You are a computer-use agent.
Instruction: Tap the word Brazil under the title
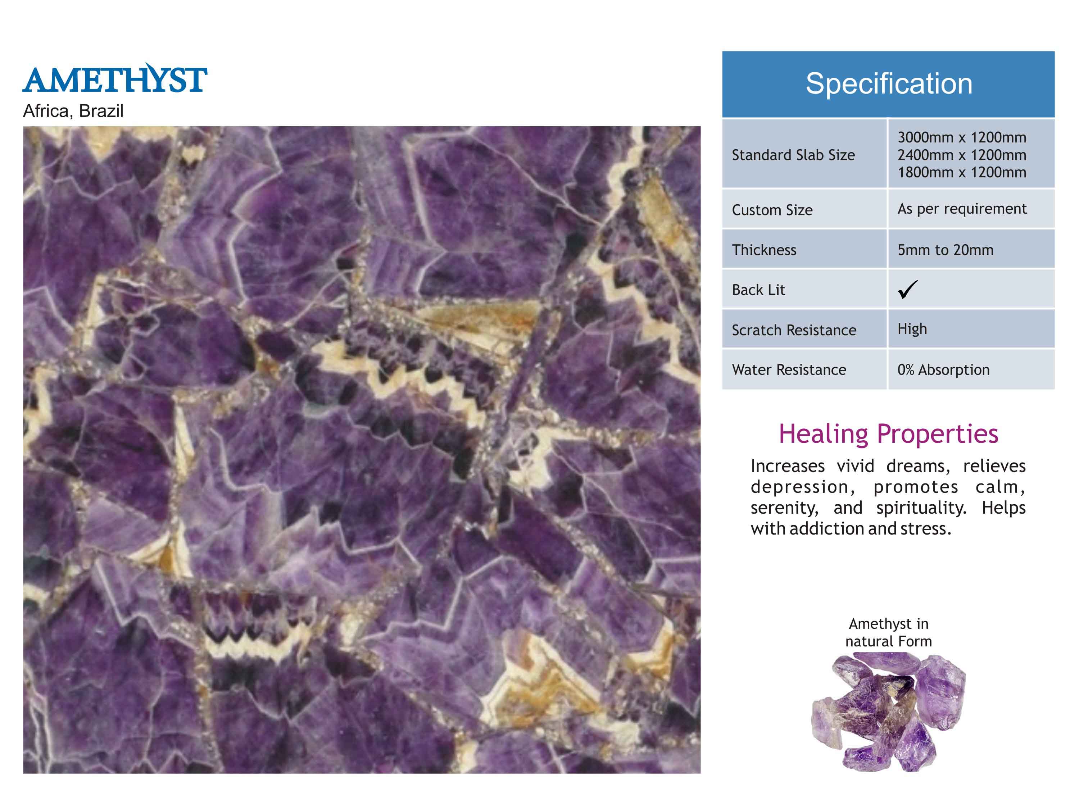(101, 111)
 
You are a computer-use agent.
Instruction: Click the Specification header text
(888, 83)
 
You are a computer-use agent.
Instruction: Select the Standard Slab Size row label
(793, 155)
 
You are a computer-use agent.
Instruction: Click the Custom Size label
(772, 210)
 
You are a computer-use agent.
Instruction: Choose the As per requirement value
(962, 209)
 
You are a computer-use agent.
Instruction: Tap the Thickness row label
(764, 250)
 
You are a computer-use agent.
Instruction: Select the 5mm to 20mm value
(946, 250)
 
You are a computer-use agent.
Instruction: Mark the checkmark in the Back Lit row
(908, 289)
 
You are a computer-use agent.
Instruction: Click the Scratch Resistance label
(794, 330)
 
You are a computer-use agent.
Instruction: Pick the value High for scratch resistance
(912, 329)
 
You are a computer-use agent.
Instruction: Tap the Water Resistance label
(789, 370)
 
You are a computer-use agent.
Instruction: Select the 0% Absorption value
(943, 370)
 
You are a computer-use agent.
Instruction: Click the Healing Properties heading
(888, 433)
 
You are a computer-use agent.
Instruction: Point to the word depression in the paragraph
(802, 487)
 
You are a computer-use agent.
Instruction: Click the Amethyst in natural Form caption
(888, 632)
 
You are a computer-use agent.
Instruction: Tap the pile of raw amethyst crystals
(888, 712)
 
